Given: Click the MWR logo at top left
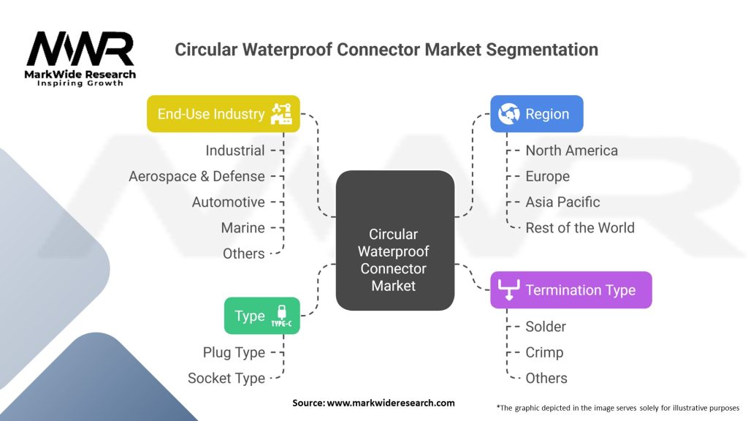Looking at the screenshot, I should [80, 51].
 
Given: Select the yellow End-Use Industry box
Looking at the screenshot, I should [223, 114].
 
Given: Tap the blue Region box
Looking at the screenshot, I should [536, 114].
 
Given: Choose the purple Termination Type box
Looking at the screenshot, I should [570, 290].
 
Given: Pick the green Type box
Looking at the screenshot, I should [262, 316].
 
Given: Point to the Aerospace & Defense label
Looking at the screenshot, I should [196, 176].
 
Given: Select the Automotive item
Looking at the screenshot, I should [228, 202].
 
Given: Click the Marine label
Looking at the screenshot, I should [243, 228].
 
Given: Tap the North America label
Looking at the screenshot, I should [571, 151].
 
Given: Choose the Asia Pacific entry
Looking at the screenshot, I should [562, 202].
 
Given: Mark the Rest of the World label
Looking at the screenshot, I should [580, 227].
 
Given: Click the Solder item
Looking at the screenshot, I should [546, 326].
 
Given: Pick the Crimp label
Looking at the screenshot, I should [544, 352].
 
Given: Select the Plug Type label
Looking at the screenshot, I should [234, 352].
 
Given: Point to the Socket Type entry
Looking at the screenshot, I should [226, 378].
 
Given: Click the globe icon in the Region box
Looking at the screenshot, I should [508, 114].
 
